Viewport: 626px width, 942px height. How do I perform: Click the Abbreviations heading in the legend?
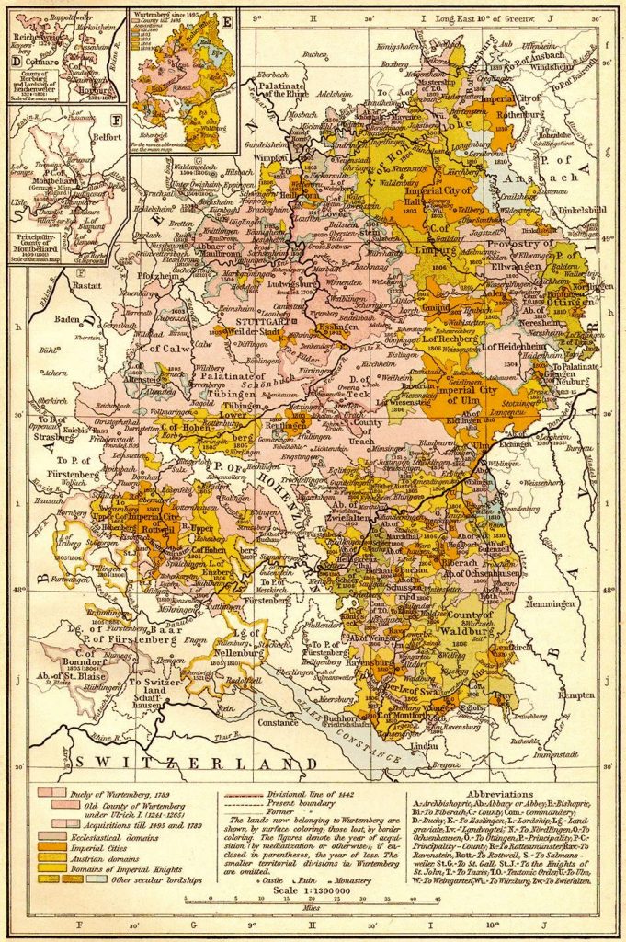(499, 793)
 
